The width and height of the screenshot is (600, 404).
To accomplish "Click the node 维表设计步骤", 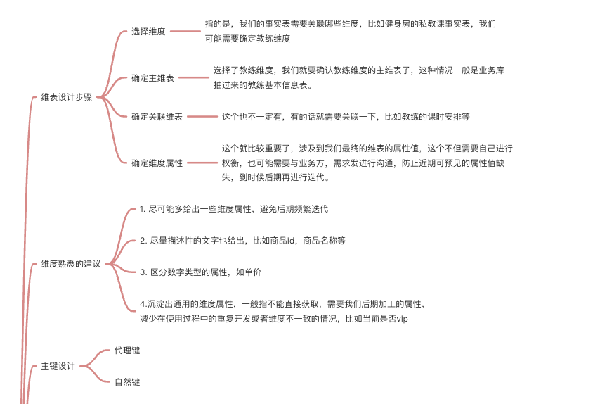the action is click(x=67, y=97).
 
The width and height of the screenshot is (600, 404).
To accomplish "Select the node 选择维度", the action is click(x=148, y=32).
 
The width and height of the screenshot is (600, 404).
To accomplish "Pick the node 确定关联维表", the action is click(x=157, y=117).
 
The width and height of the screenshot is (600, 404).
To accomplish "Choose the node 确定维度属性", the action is click(x=157, y=163).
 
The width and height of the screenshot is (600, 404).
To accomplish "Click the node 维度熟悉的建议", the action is click(x=71, y=264).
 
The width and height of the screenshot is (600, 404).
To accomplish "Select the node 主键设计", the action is click(x=58, y=366).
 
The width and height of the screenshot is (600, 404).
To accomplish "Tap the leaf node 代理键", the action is click(x=127, y=350).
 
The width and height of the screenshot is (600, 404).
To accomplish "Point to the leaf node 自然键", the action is click(x=127, y=382).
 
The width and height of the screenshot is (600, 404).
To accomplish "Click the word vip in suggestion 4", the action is click(x=402, y=319).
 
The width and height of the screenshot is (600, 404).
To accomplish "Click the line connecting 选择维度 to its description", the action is click(x=185, y=32).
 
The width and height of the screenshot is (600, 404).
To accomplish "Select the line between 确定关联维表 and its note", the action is click(x=202, y=117).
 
